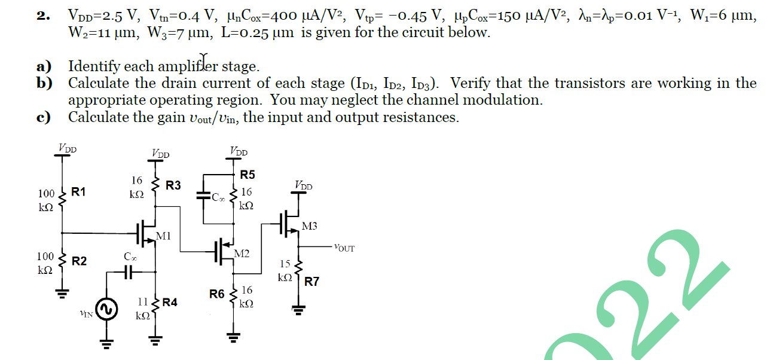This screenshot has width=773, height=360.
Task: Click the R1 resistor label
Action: (x=78, y=192)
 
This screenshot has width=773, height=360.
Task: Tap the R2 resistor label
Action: (x=79, y=261)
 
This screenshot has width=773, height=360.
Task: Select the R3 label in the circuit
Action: (x=173, y=185)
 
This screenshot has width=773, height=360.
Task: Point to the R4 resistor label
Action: (x=170, y=303)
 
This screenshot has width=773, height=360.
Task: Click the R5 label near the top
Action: (x=248, y=175)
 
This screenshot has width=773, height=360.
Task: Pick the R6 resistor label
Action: (x=217, y=294)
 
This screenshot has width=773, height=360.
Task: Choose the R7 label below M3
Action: (x=312, y=282)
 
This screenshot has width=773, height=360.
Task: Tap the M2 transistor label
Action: (x=242, y=254)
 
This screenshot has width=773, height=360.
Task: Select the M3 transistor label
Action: (x=310, y=226)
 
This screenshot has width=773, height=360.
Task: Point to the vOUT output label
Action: (x=344, y=248)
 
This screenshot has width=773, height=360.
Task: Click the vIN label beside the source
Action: (x=87, y=312)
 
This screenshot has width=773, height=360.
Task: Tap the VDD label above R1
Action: (x=67, y=147)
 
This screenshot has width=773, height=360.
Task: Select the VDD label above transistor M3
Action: (x=303, y=186)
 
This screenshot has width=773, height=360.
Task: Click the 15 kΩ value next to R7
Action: (x=285, y=270)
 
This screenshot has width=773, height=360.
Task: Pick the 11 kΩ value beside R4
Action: (x=142, y=309)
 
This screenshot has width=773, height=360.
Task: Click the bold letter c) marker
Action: (x=43, y=117)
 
